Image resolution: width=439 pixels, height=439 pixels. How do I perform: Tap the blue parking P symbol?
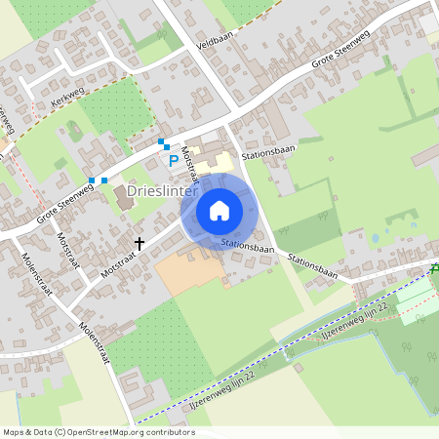174,161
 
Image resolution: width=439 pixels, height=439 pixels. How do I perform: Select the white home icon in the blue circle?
219,210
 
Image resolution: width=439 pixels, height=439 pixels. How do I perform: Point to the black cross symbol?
140,242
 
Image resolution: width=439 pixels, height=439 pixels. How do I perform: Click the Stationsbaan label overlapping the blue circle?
245,247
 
